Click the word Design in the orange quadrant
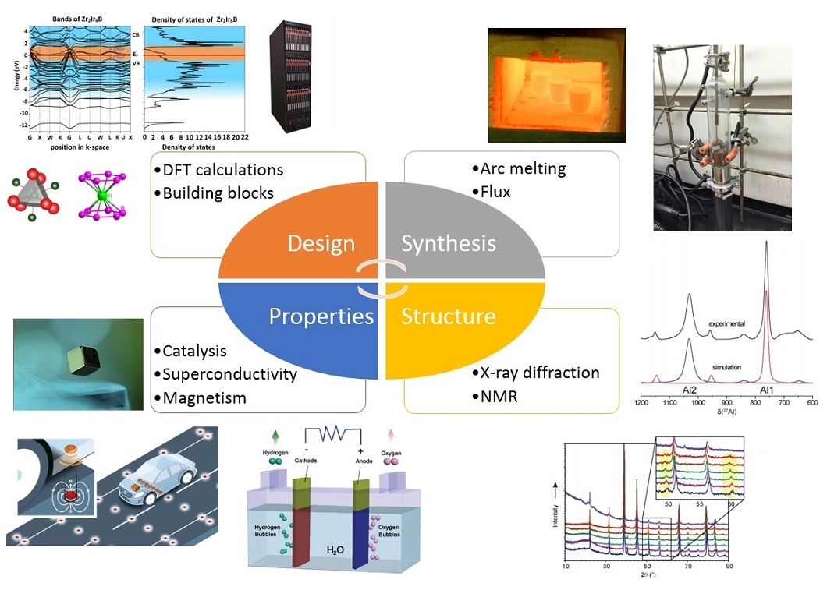321,243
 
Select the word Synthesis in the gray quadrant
449,243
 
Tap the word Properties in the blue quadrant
321,316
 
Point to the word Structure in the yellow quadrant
449,316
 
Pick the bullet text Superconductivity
229,374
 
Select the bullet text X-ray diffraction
535,373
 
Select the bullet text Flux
492,191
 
